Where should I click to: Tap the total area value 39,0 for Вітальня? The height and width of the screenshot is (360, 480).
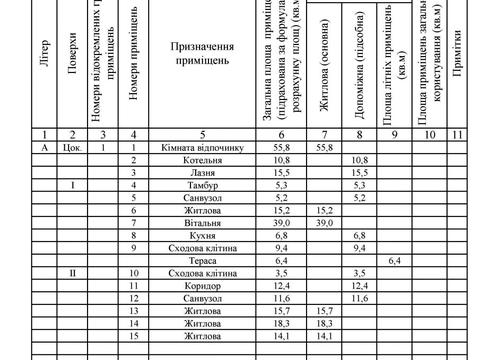[282, 222]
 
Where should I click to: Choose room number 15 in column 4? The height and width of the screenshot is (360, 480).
[133, 335]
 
